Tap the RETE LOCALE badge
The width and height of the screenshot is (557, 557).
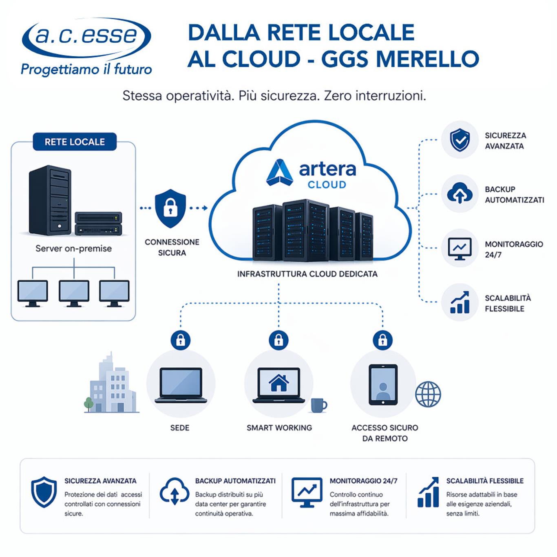[75, 142]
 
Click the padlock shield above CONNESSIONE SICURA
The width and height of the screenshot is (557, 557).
[170, 208]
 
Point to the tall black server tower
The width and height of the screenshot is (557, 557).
[50, 200]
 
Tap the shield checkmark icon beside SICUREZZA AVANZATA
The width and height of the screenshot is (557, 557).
[460, 140]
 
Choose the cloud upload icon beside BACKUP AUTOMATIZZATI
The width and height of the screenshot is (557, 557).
[460, 194]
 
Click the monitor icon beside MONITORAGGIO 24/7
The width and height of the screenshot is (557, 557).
[460, 248]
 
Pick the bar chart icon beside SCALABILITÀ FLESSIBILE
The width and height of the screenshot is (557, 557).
[460, 303]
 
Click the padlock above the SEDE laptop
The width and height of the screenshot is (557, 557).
[180, 339]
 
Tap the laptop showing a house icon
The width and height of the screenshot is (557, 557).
[279, 385]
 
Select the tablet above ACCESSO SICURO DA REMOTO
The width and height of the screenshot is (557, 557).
[383, 385]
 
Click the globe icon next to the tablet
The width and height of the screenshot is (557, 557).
[428, 394]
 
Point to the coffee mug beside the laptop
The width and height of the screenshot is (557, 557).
[318, 405]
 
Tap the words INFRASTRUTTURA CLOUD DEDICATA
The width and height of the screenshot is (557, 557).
[307, 274]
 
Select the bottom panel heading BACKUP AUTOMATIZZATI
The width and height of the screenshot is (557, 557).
[235, 481]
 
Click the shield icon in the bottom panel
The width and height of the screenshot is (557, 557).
[44, 492]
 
